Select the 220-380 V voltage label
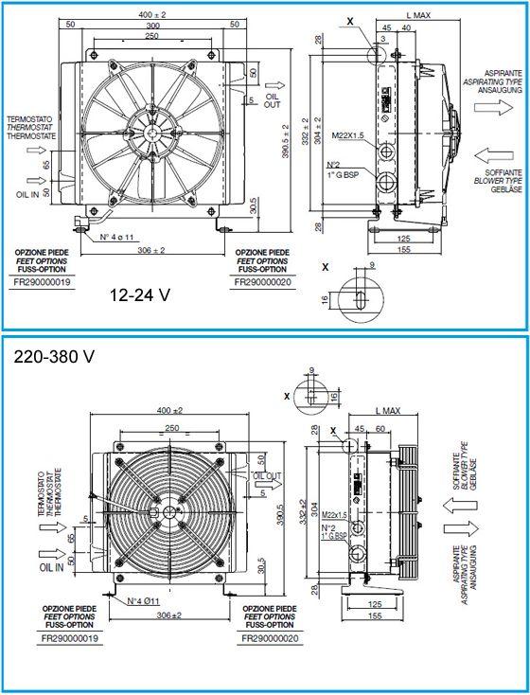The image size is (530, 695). (55, 358)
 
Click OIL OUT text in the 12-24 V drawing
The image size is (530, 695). (273, 101)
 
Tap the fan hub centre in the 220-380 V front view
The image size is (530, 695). (168, 512)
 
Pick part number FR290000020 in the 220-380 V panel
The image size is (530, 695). (270, 639)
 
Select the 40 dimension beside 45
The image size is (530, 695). (405, 27)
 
